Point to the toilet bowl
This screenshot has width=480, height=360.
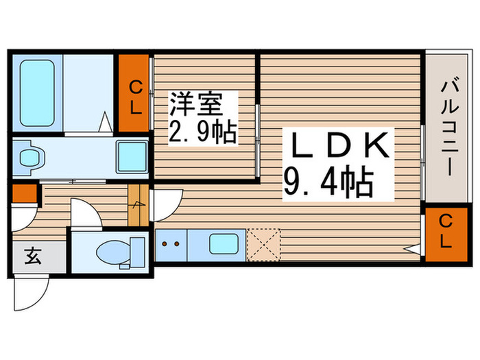[114, 252]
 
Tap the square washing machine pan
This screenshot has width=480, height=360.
[130, 156]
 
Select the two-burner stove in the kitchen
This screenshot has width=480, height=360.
[169, 243]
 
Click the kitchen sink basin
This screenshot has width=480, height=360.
[224, 243]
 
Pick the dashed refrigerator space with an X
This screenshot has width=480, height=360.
[264, 243]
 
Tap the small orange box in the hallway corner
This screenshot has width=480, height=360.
[25, 193]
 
